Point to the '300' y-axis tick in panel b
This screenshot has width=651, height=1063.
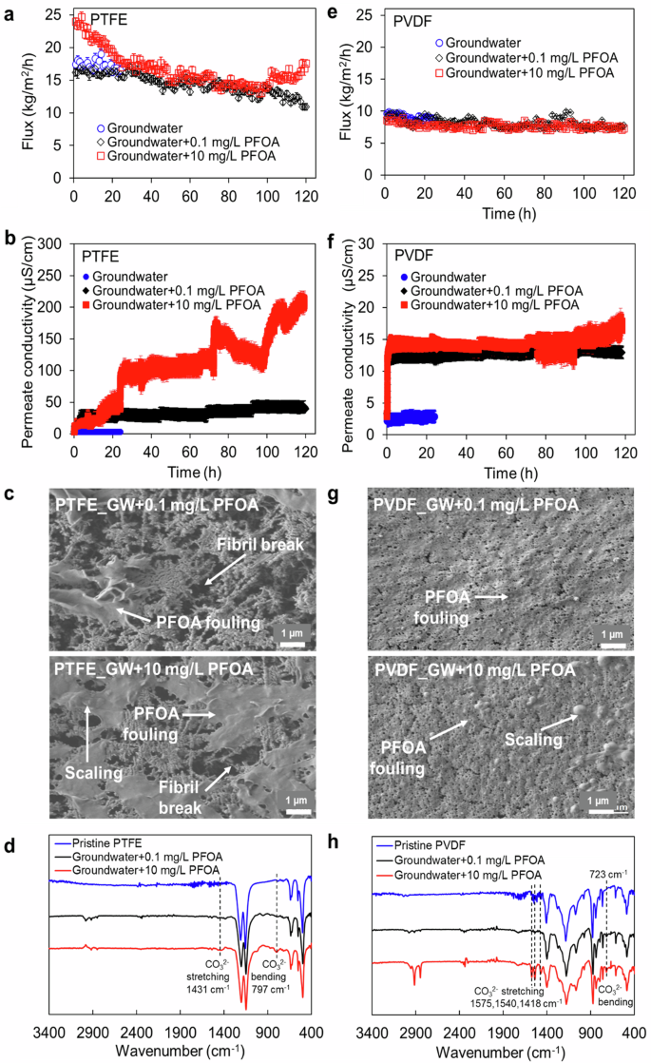tap(54, 243)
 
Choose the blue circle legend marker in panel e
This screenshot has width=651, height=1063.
tap(439, 43)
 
